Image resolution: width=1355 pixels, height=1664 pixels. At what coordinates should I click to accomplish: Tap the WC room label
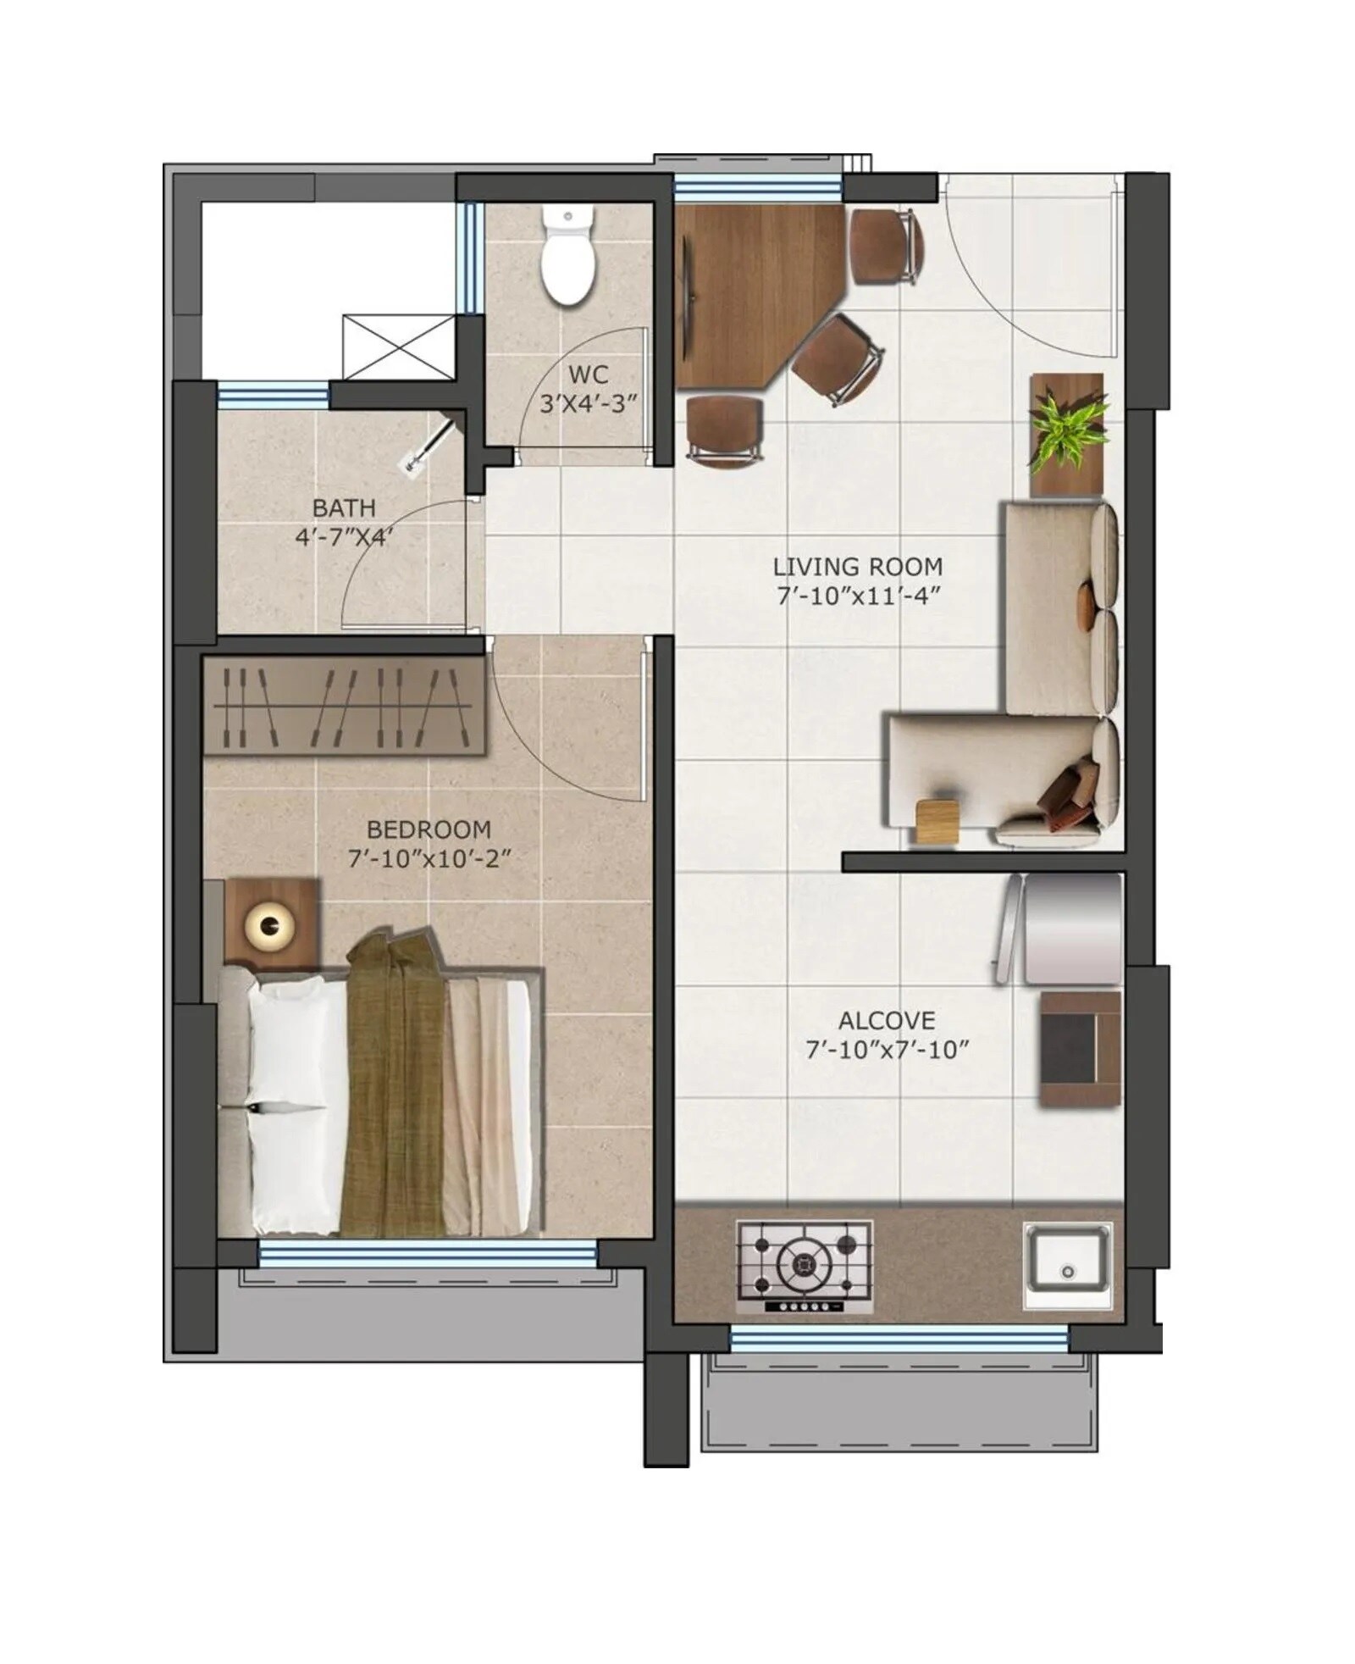click(588, 374)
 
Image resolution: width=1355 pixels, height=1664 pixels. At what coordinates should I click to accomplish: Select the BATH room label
click(344, 508)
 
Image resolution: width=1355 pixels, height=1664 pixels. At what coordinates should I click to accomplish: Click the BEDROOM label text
click(429, 829)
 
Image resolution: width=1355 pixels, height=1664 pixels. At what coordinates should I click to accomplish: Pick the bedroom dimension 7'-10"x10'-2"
click(430, 859)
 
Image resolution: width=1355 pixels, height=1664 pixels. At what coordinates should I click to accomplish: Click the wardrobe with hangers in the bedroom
click(344, 707)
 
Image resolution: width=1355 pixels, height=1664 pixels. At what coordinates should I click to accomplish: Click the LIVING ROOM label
click(857, 566)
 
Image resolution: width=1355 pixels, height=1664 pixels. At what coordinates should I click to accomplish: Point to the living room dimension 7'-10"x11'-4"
click(859, 596)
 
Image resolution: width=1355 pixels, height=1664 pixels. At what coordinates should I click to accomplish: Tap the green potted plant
click(1069, 432)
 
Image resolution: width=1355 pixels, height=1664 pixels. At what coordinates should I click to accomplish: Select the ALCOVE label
click(887, 1020)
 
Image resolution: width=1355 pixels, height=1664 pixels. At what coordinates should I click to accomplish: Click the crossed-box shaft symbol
click(399, 346)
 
